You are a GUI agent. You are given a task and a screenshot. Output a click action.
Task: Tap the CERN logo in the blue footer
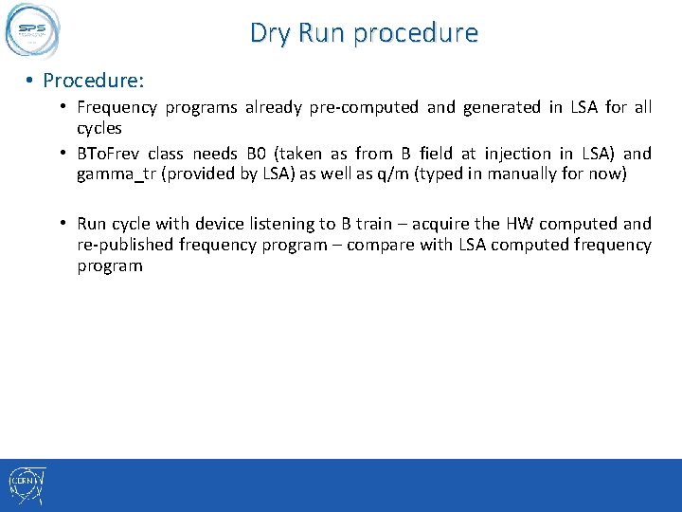click(x=27, y=485)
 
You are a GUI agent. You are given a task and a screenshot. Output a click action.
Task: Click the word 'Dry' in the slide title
click(x=270, y=33)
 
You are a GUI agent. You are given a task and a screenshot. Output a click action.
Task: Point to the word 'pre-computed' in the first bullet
click(x=363, y=107)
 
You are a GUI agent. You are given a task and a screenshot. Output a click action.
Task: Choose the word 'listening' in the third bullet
click(x=281, y=224)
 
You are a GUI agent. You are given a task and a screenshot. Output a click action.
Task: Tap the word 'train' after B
click(x=375, y=224)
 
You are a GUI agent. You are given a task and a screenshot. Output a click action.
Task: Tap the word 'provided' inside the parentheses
click(x=196, y=175)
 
